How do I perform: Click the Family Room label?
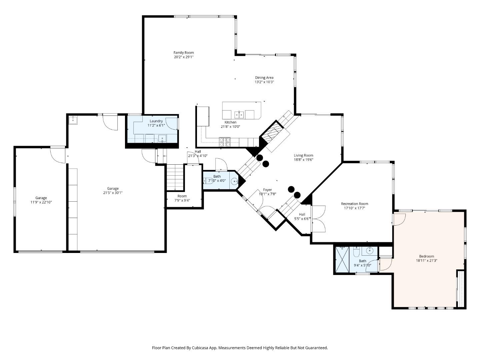(x=183, y=53)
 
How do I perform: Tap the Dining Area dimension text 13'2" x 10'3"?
(x=264, y=82)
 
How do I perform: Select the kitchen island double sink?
(x=239, y=115)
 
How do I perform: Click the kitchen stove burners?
(x=224, y=142)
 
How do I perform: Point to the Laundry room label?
(x=156, y=121)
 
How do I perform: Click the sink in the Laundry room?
(x=162, y=138)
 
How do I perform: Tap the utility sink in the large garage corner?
(x=73, y=120)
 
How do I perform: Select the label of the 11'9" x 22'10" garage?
(x=41, y=198)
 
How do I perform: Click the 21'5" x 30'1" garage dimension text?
(x=113, y=193)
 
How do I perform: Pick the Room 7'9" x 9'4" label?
(x=182, y=196)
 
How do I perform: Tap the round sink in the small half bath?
(x=234, y=182)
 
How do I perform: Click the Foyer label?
(x=267, y=190)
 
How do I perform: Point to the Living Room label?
(x=303, y=155)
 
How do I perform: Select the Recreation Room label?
(x=354, y=204)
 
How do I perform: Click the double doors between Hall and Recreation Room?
(x=318, y=219)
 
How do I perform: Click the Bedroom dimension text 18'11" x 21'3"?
(x=426, y=261)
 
